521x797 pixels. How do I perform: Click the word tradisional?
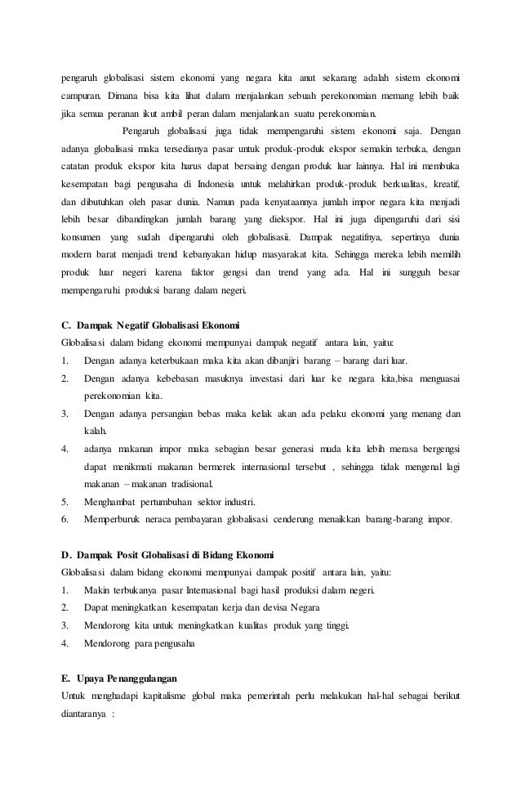(168, 483)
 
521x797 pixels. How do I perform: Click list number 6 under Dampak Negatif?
(65, 518)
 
